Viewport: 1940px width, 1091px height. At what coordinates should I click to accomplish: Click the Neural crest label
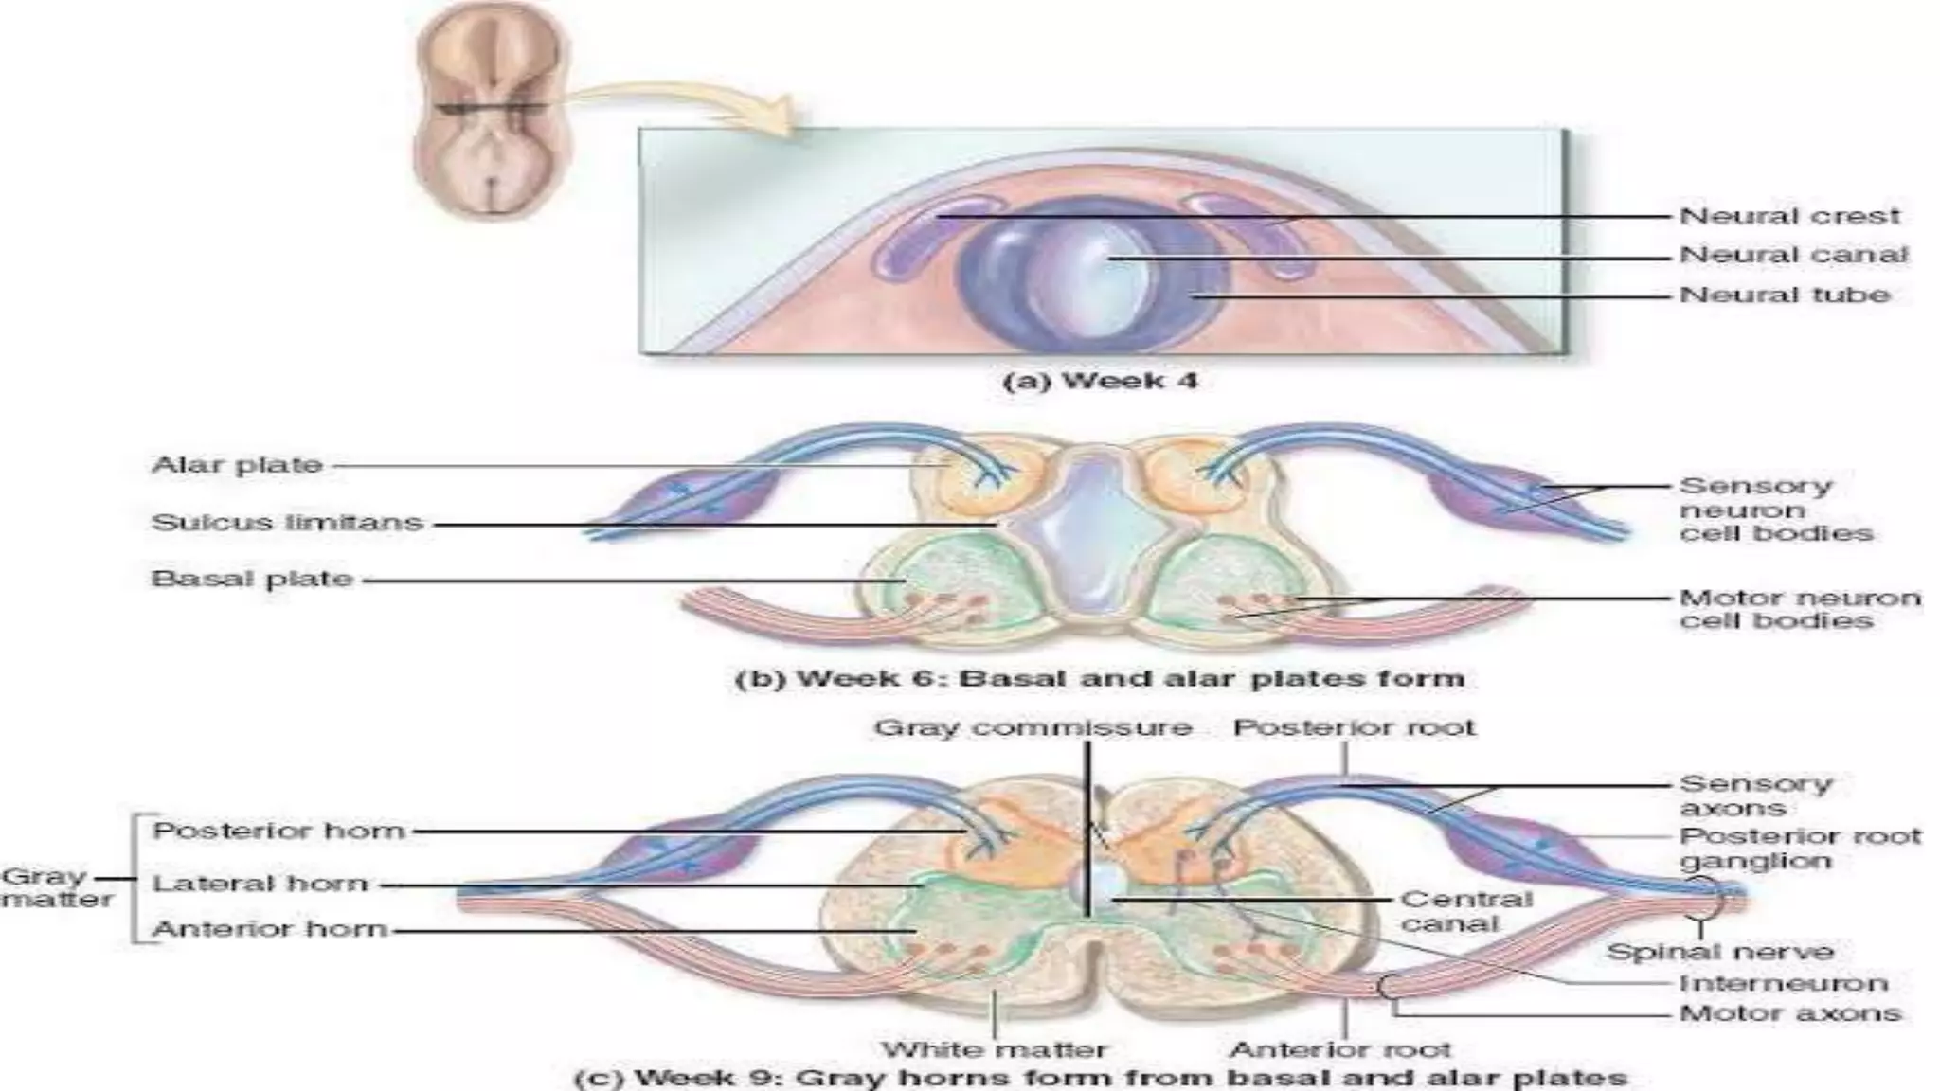click(1788, 216)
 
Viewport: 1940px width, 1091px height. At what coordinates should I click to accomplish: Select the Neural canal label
click(1793, 255)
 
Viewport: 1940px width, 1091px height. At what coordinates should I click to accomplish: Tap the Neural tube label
click(1785, 295)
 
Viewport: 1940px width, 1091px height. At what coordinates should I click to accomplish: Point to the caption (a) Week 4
click(1100, 381)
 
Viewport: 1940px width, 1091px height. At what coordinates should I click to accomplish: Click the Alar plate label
click(237, 465)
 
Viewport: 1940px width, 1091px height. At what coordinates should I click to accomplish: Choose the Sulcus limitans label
click(287, 523)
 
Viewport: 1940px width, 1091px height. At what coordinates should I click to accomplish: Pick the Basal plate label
click(252, 579)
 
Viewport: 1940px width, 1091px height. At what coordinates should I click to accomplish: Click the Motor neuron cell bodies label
click(1799, 609)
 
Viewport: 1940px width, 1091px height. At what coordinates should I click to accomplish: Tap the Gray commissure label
click(1033, 727)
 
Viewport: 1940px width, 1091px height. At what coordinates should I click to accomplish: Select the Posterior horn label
click(278, 831)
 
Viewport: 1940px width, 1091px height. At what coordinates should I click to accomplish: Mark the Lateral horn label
click(260, 884)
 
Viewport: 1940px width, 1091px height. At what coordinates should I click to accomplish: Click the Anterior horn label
click(270, 929)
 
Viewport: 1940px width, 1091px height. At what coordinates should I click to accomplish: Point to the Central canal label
click(1465, 910)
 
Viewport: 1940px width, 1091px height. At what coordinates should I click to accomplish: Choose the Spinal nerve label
click(1720, 951)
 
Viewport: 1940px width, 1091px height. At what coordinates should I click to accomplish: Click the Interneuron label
click(1783, 983)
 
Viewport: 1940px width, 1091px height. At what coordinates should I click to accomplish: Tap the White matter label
click(994, 1048)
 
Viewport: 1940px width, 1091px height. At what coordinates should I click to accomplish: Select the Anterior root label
click(1339, 1048)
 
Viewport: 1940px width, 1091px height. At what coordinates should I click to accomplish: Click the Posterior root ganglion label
click(1799, 848)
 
